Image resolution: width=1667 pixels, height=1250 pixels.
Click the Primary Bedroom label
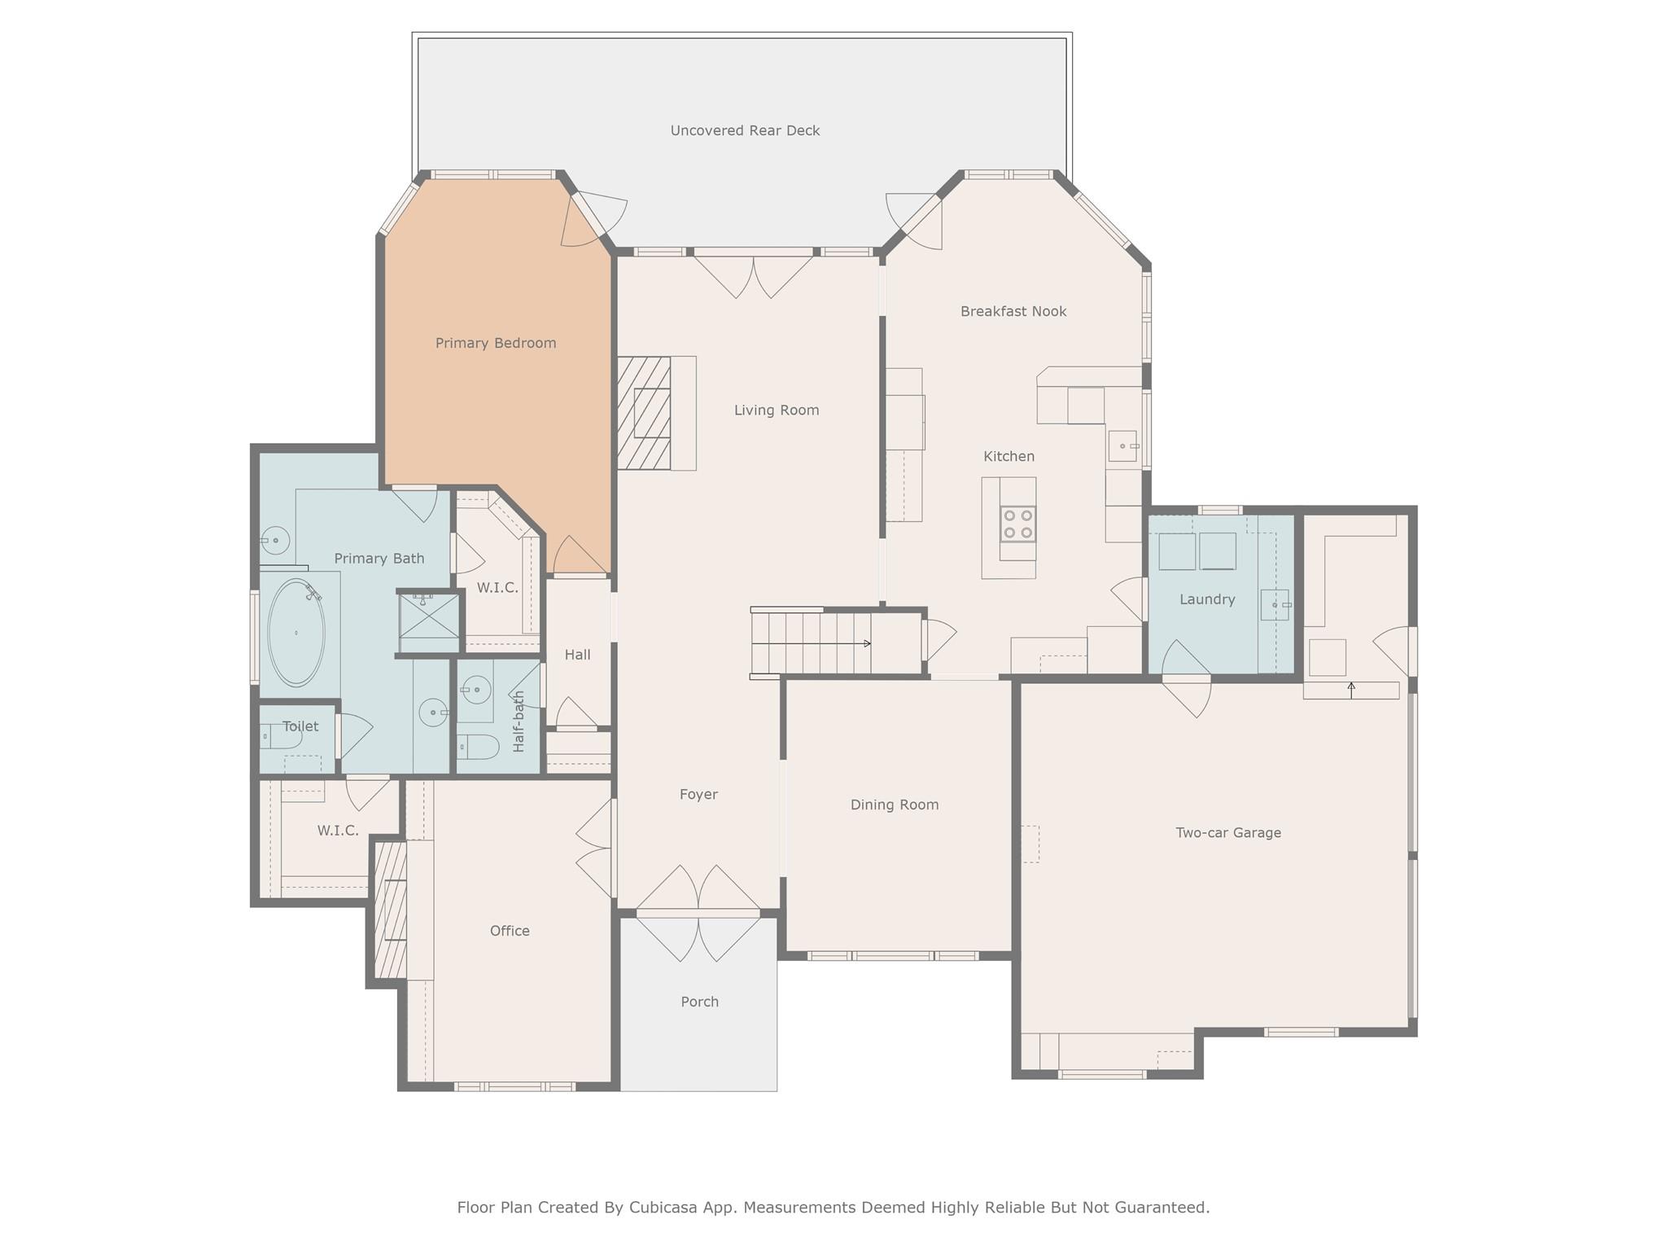tap(495, 343)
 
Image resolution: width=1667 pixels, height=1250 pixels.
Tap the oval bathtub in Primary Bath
tap(296, 632)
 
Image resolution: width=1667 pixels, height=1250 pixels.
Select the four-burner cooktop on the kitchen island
tap(1017, 524)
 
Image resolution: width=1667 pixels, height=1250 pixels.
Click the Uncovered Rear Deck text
tap(744, 130)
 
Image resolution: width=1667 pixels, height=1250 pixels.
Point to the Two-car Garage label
tap(1227, 832)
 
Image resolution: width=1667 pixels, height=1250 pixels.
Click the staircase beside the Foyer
tap(811, 643)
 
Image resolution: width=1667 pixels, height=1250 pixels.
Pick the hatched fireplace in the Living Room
tap(644, 413)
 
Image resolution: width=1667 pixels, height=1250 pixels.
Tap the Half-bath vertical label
tap(518, 721)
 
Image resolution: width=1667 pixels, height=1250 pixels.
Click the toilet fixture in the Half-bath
tap(478, 747)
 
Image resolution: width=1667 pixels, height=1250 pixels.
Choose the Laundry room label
tap(1206, 599)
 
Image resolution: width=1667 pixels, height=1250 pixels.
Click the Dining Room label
tap(894, 805)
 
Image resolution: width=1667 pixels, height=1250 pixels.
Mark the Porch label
tap(699, 1002)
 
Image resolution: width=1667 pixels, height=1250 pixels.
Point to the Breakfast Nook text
tap(1013, 311)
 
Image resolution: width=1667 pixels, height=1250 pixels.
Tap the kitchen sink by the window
tap(1122, 446)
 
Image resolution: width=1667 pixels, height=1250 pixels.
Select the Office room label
tap(510, 931)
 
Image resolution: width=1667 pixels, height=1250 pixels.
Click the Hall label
tap(577, 655)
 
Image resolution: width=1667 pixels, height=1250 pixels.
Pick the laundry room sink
tap(1274, 605)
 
